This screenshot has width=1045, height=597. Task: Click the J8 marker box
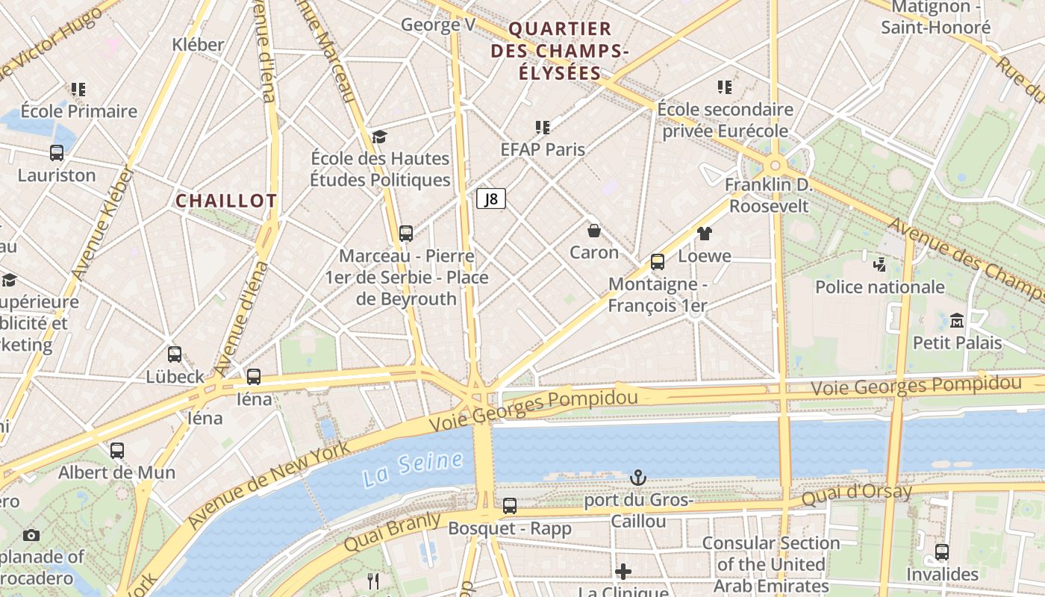491,199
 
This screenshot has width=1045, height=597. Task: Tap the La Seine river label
413,469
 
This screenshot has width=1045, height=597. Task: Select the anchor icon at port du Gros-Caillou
637,478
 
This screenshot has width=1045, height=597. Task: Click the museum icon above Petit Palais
957,321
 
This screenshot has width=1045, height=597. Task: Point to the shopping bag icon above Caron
594,231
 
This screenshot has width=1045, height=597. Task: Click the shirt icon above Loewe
704,234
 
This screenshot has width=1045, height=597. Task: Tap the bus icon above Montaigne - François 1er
657,262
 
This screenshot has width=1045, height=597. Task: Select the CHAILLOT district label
226,201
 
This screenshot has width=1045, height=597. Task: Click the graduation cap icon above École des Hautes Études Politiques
379,137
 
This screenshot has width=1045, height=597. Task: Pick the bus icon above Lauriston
57,153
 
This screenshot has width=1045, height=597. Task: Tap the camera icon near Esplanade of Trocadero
31,535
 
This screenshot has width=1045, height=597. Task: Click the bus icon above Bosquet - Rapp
509,506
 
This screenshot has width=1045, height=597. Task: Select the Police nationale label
879,287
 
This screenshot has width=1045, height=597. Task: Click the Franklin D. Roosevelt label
769,195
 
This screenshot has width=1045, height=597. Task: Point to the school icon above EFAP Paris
542,128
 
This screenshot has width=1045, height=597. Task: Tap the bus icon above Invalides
942,552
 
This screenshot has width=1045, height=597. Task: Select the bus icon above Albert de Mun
116,451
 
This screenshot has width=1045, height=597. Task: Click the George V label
437,25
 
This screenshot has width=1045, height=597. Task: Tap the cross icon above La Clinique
623,572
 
